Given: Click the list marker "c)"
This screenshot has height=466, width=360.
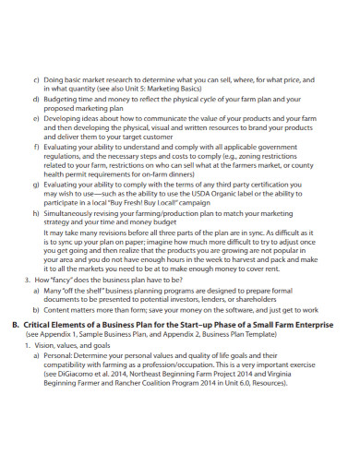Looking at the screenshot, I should pos(36,80).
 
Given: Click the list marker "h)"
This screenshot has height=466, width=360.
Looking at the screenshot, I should pos(36,214).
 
